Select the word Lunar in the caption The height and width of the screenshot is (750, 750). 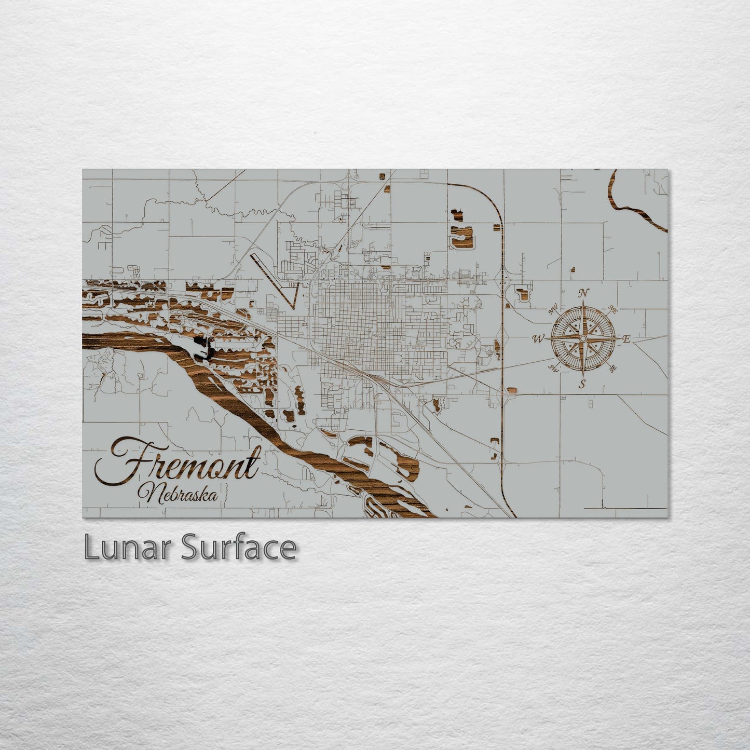(x=127, y=548)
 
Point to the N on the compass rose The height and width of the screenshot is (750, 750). (x=583, y=293)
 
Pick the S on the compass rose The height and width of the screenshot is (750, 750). (x=582, y=384)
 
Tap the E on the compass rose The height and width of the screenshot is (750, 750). (x=626, y=339)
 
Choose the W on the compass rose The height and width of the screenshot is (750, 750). (x=538, y=339)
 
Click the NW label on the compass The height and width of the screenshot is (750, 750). (x=553, y=311)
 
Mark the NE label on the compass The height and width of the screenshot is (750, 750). (x=612, y=310)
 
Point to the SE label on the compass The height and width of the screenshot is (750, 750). (x=613, y=369)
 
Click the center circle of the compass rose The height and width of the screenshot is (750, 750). (x=583, y=339)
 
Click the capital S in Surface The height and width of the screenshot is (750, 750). (x=189, y=548)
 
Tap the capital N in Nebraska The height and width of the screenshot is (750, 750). (x=151, y=493)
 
